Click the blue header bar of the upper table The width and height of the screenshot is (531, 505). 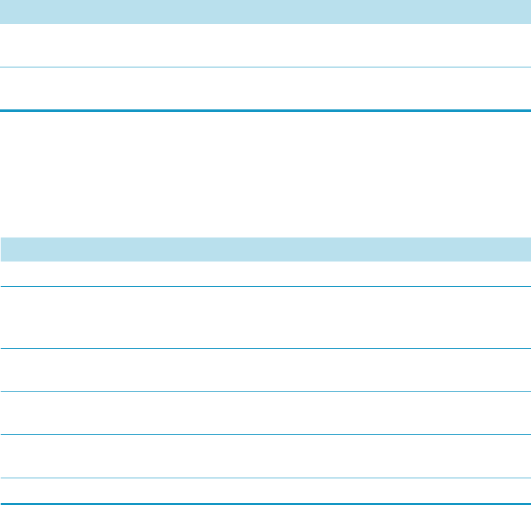265,12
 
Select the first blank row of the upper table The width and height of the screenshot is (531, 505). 265,45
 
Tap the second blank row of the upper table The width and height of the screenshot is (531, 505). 265,88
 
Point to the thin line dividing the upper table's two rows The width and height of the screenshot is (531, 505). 265,67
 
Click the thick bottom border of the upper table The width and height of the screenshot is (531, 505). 265,110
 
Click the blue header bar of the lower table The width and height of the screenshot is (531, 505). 265,249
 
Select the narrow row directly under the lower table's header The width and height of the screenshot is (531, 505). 265,274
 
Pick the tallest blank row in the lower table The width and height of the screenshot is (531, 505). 265,318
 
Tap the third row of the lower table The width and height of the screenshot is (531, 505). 265,370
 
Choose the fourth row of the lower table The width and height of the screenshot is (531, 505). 265,413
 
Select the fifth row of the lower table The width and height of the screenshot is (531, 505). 265,456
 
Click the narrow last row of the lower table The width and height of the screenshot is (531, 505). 265,490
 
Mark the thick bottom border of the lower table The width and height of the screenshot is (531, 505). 265,503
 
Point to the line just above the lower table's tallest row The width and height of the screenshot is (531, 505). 265,287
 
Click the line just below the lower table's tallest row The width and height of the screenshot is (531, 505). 265,348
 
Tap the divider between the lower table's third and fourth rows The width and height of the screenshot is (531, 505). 265,392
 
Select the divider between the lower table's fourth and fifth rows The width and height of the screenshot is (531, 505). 265,435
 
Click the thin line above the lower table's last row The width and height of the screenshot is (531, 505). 265,478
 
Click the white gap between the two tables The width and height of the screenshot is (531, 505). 265,173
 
